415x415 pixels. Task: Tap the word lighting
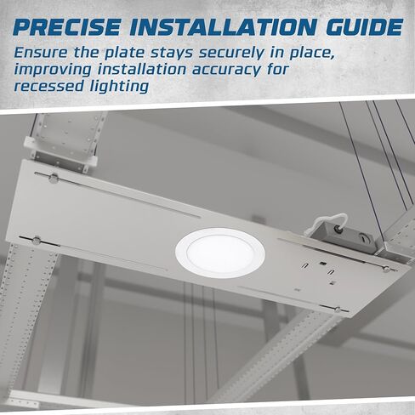pyautogui.click(x=119, y=86)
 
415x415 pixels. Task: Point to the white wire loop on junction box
pyautogui.click(x=339, y=218)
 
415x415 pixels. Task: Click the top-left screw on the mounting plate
pyautogui.click(x=54, y=178)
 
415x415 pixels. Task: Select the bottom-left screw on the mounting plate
pyautogui.click(x=37, y=240)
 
